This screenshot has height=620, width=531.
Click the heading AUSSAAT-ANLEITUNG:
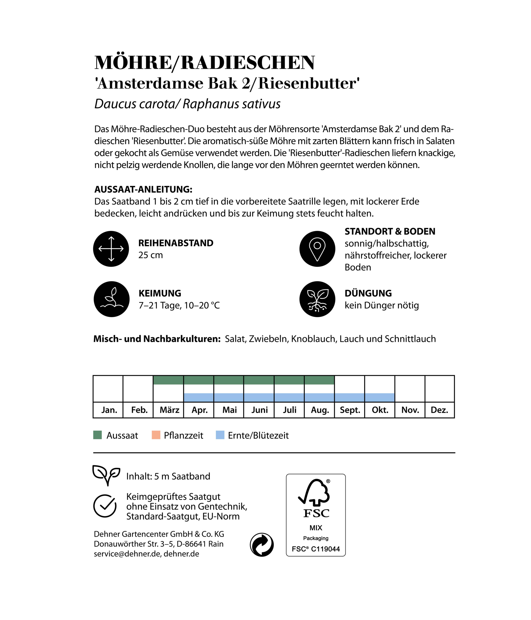(143, 189)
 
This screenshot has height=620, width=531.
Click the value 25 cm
(150, 255)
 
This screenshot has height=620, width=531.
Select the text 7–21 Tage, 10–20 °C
(179, 306)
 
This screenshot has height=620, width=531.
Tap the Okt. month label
(380, 410)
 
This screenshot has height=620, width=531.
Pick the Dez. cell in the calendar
(439, 410)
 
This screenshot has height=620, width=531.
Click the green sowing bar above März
(168, 380)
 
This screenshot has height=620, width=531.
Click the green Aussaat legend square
(97, 435)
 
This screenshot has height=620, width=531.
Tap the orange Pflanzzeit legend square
(156, 435)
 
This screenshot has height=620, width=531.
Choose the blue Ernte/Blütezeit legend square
(220, 435)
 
